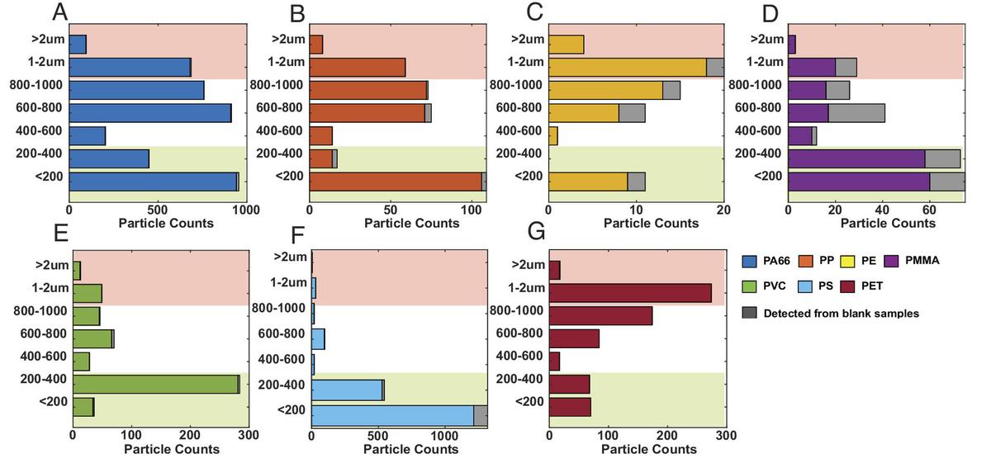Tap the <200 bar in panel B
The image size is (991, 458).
pos(396,182)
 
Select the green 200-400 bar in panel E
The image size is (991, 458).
pos(155,384)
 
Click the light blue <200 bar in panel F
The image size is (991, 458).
pos(392,415)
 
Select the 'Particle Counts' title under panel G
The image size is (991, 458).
pos(648,449)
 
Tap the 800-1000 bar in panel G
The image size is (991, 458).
pos(600,316)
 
